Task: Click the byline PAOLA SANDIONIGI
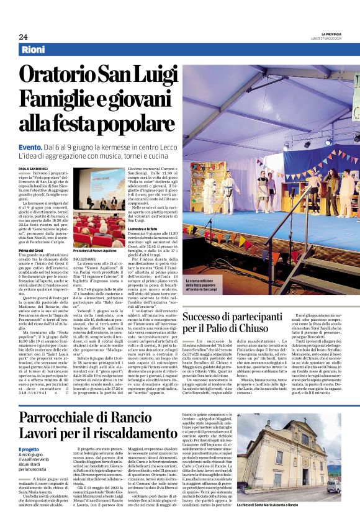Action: tap(34, 168)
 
